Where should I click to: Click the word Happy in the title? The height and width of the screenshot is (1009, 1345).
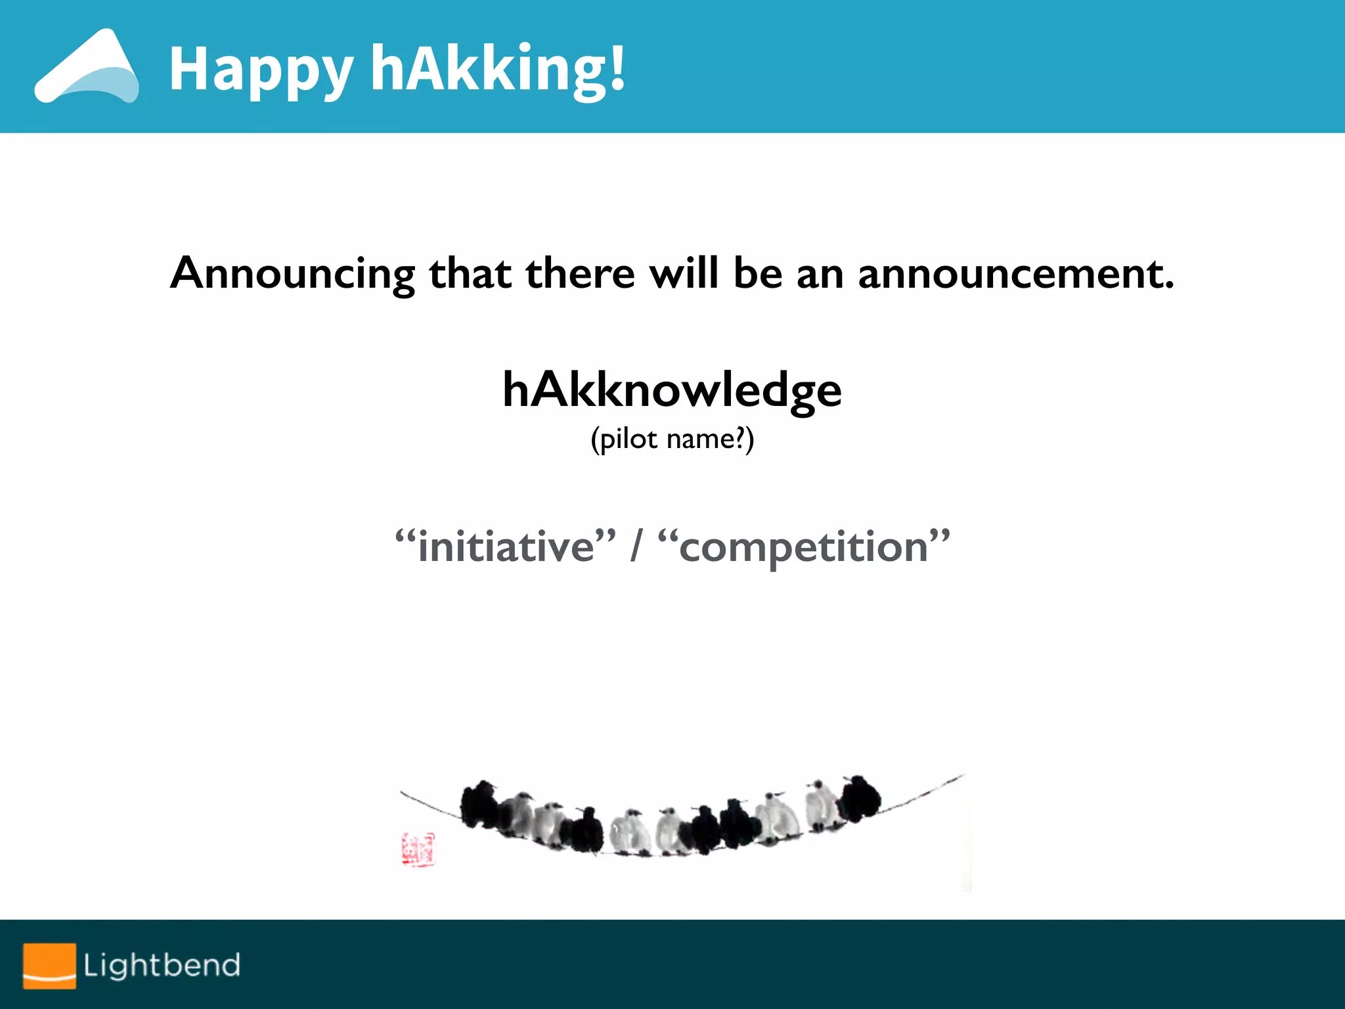(261, 70)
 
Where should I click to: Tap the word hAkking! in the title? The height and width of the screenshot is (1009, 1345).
(498, 68)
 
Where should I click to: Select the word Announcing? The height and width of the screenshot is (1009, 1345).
(292, 273)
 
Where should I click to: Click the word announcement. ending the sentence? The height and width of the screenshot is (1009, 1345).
(1015, 273)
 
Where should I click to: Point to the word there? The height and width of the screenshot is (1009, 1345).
(580, 273)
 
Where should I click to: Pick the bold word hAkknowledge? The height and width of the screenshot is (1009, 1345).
(672, 390)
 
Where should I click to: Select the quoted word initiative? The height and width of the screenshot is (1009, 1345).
(506, 547)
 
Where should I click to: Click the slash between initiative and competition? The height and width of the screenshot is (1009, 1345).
(635, 547)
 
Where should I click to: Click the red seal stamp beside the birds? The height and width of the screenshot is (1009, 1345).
(418, 849)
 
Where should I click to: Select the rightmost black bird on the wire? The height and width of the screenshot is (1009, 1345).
(860, 797)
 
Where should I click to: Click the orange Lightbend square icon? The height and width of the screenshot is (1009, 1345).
(49, 966)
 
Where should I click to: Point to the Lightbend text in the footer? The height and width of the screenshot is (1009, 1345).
(162, 966)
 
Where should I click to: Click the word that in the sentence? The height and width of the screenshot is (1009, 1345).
(470, 273)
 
